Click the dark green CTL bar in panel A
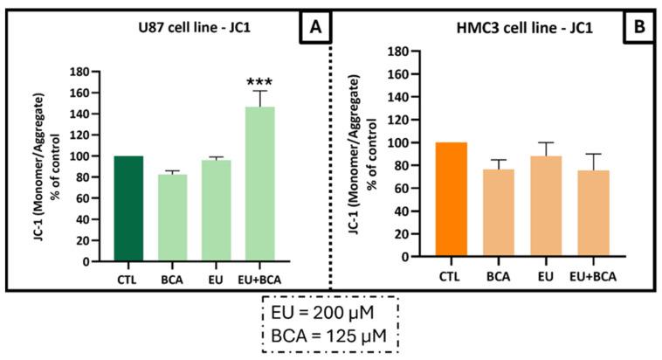128,208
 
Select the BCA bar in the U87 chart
172,218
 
